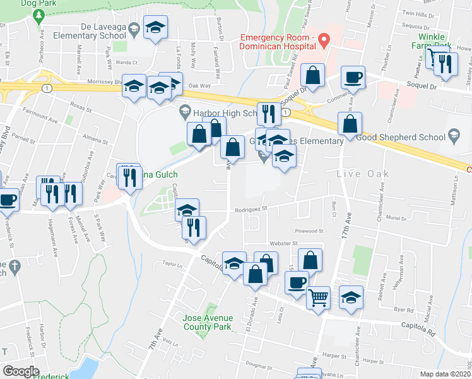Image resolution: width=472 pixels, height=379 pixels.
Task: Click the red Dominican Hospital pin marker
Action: pos(324,40)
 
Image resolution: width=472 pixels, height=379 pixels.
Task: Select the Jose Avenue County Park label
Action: pos(208,322)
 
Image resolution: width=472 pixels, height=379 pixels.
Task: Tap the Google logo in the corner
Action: pos(21,371)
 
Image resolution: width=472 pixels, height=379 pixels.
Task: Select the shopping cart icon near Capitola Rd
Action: pos(318,297)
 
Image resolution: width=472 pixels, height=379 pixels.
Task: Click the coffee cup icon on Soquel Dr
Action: pos(353,78)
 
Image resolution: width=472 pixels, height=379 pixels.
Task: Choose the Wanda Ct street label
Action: pos(126,63)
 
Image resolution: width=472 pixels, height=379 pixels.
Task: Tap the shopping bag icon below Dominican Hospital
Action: pos(312,76)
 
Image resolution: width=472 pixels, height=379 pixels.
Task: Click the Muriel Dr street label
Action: pos(396,218)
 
